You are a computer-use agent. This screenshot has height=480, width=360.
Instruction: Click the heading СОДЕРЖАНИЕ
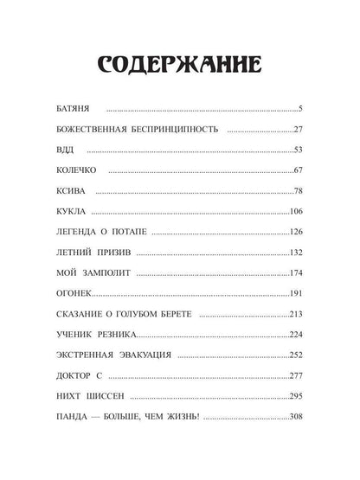coord(180,67)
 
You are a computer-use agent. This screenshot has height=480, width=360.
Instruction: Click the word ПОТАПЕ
coord(145,232)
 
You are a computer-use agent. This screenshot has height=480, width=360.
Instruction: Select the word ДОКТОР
coord(78,375)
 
